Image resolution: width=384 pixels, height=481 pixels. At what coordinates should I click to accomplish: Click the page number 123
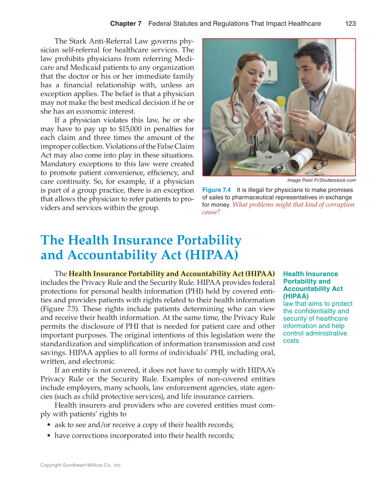[x=351, y=23]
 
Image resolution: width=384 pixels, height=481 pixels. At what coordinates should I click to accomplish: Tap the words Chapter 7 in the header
[x=125, y=23]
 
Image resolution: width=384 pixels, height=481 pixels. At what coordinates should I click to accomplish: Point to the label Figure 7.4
[x=216, y=190]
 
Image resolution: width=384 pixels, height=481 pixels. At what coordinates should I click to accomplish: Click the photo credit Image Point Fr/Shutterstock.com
[x=321, y=180]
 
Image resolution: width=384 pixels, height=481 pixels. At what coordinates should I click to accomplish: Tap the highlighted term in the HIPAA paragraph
[x=172, y=274]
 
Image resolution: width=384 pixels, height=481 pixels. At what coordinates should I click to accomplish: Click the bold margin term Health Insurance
[x=310, y=274]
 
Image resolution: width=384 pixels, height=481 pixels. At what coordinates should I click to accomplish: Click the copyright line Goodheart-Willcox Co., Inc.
[x=81, y=465]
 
